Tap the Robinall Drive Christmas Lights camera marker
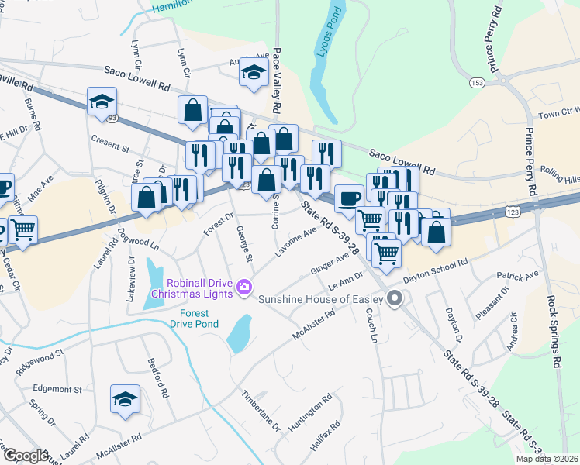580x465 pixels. (243, 288)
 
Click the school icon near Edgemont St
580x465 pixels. (125, 398)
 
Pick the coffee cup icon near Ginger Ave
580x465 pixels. (350, 198)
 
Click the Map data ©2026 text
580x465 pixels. (547, 459)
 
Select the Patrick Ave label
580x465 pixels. (517, 276)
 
